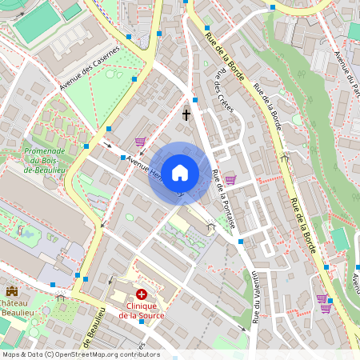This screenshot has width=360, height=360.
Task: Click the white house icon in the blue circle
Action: tap(180, 172)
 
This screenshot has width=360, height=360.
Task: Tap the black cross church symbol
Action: tap(186, 114)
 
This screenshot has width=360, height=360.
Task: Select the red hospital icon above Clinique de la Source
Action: tap(142, 295)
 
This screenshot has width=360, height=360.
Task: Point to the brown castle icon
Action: tap(11, 291)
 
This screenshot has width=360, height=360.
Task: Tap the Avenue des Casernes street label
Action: tap(89, 67)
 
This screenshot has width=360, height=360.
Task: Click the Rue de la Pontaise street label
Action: tap(223, 198)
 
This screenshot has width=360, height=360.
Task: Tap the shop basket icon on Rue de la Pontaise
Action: tap(230, 179)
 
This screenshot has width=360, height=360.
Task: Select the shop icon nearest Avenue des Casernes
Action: tap(140, 142)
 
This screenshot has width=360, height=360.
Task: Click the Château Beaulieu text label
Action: tap(18, 310)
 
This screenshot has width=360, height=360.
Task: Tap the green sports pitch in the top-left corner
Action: tap(35, 24)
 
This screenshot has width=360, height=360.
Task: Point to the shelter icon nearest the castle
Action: tap(60, 297)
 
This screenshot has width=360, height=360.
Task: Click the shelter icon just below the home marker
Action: tap(211, 226)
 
